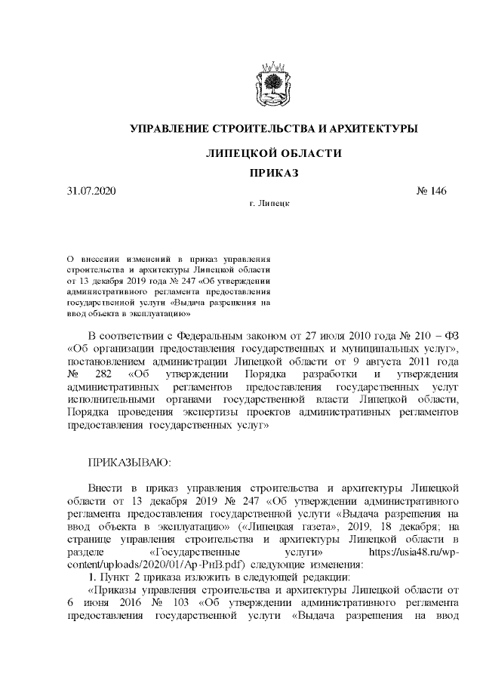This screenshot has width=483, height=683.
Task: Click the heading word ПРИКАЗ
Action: pyautogui.click(x=274, y=174)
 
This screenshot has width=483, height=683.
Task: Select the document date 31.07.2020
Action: pyautogui.click(x=91, y=191)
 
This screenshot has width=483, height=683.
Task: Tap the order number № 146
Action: pyautogui.click(x=431, y=191)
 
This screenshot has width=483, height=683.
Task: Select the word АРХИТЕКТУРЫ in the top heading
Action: pyautogui.click(x=370, y=129)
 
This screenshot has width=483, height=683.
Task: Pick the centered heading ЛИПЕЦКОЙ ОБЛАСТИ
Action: pyautogui.click(x=274, y=153)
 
